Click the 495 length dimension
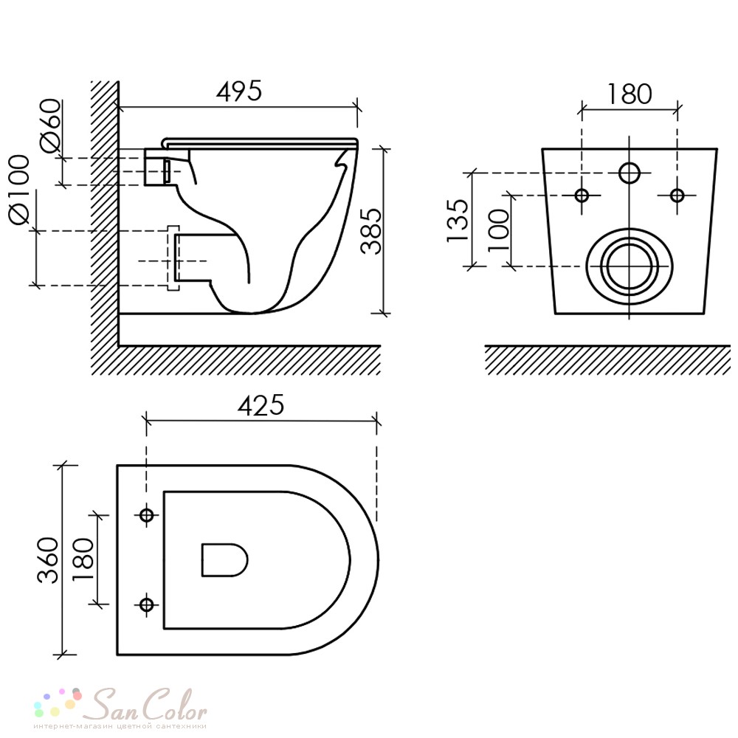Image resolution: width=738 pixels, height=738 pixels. (x=238, y=92)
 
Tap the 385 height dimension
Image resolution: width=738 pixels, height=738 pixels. (x=371, y=231)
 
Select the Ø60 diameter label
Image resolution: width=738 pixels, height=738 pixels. (x=51, y=125)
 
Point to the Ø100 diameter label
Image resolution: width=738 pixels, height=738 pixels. (x=19, y=190)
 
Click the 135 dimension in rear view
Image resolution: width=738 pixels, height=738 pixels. (x=458, y=221)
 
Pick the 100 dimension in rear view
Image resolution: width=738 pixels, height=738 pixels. (x=499, y=230)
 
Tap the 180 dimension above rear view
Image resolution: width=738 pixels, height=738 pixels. (x=630, y=94)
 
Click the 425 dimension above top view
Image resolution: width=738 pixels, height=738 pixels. (x=261, y=404)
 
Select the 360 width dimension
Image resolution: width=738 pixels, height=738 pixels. (x=48, y=559)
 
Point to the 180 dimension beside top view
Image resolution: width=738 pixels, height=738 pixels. (x=83, y=559)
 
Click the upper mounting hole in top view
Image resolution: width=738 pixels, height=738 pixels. (x=146, y=515)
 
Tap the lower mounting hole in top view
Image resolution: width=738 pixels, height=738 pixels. (x=146, y=604)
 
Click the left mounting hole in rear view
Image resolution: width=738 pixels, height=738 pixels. (x=582, y=195)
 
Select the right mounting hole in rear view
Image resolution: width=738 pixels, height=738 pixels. (x=677, y=195)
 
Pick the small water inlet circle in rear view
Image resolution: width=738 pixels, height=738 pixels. (x=630, y=173)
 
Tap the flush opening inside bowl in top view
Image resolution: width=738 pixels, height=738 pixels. (x=224, y=560)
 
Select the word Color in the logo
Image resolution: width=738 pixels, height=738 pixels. (x=175, y=705)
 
